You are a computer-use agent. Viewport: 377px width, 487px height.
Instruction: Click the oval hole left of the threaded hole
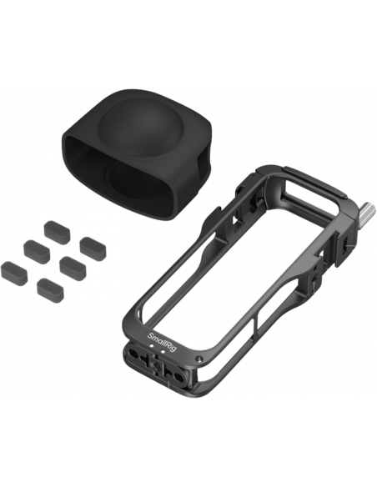[133, 354]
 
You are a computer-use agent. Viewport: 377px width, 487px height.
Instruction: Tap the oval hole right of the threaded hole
[178, 376]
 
